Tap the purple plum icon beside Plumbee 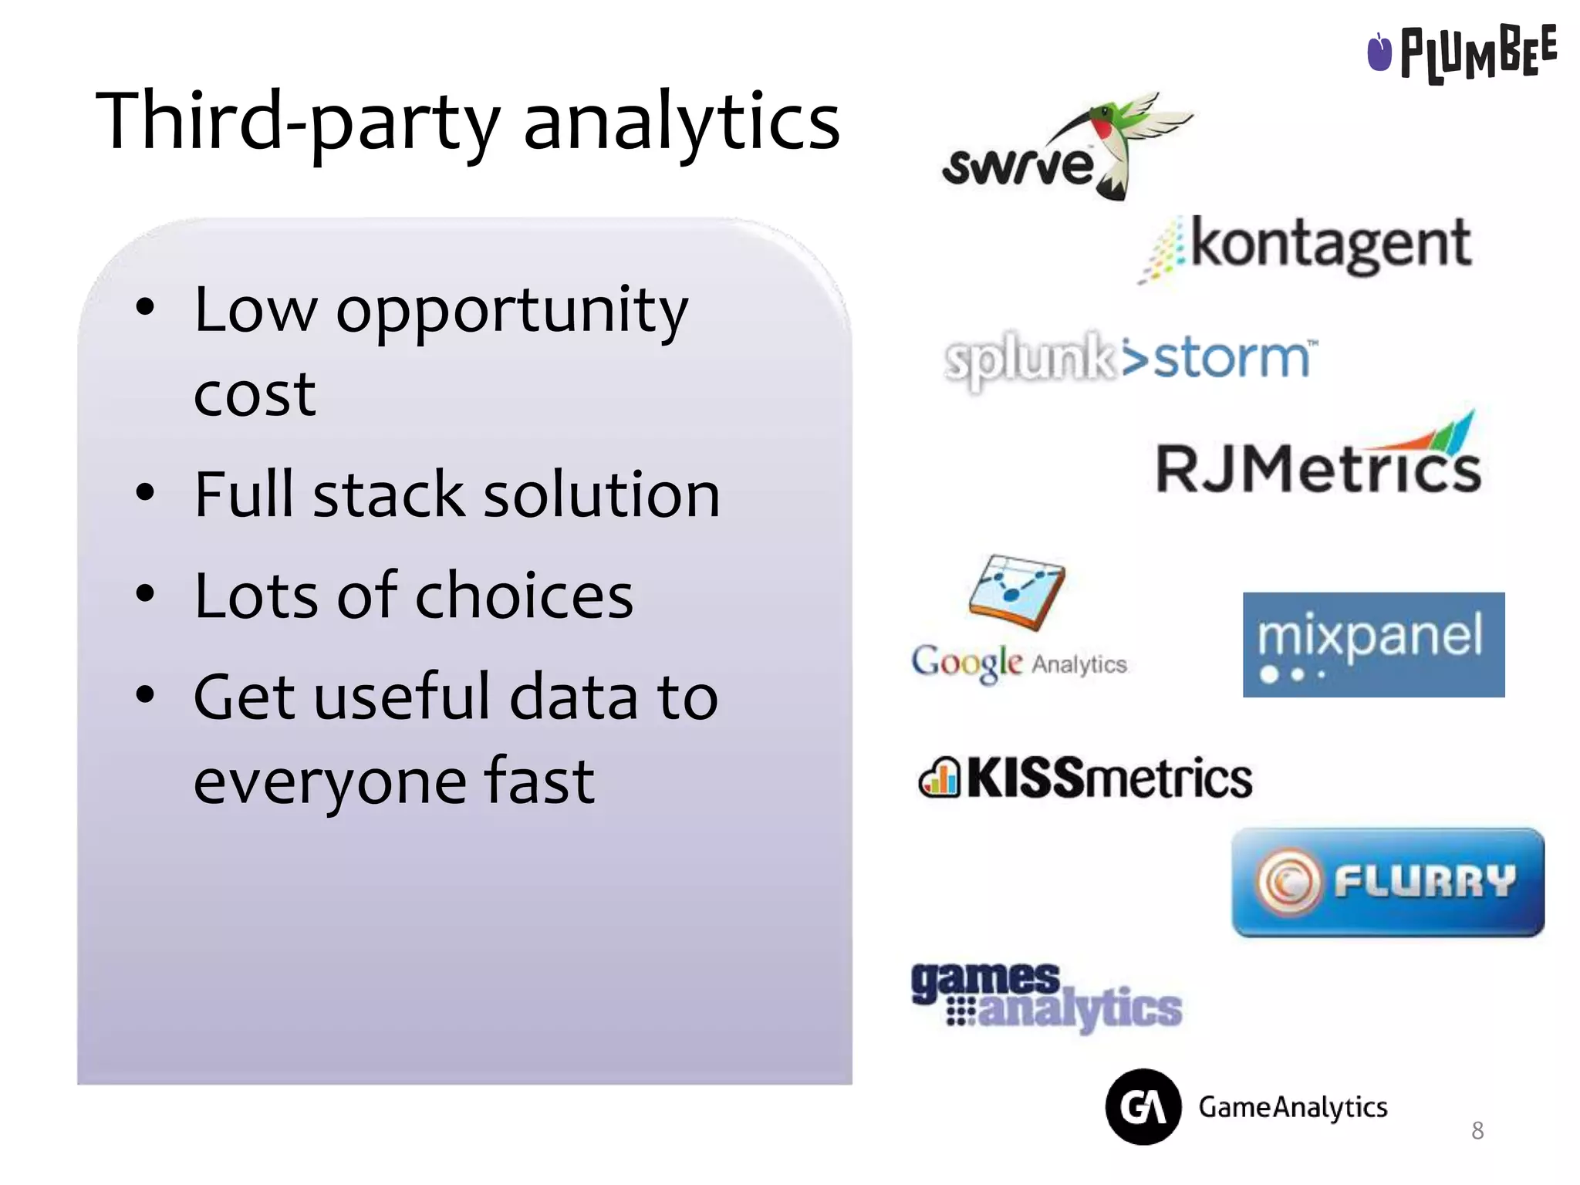(x=1379, y=52)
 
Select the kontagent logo (x=1312, y=245)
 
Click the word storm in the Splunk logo (x=1231, y=359)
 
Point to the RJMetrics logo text (x=1318, y=468)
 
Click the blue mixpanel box (x=1373, y=644)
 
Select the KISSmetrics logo (x=1085, y=778)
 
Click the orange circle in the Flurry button (x=1287, y=882)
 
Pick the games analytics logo (x=1046, y=996)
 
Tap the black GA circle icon (x=1143, y=1106)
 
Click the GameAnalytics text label (x=1292, y=1107)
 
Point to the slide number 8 (x=1477, y=1130)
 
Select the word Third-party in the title (x=298, y=122)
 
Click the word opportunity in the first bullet (x=511, y=310)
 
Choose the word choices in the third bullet (x=525, y=596)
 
